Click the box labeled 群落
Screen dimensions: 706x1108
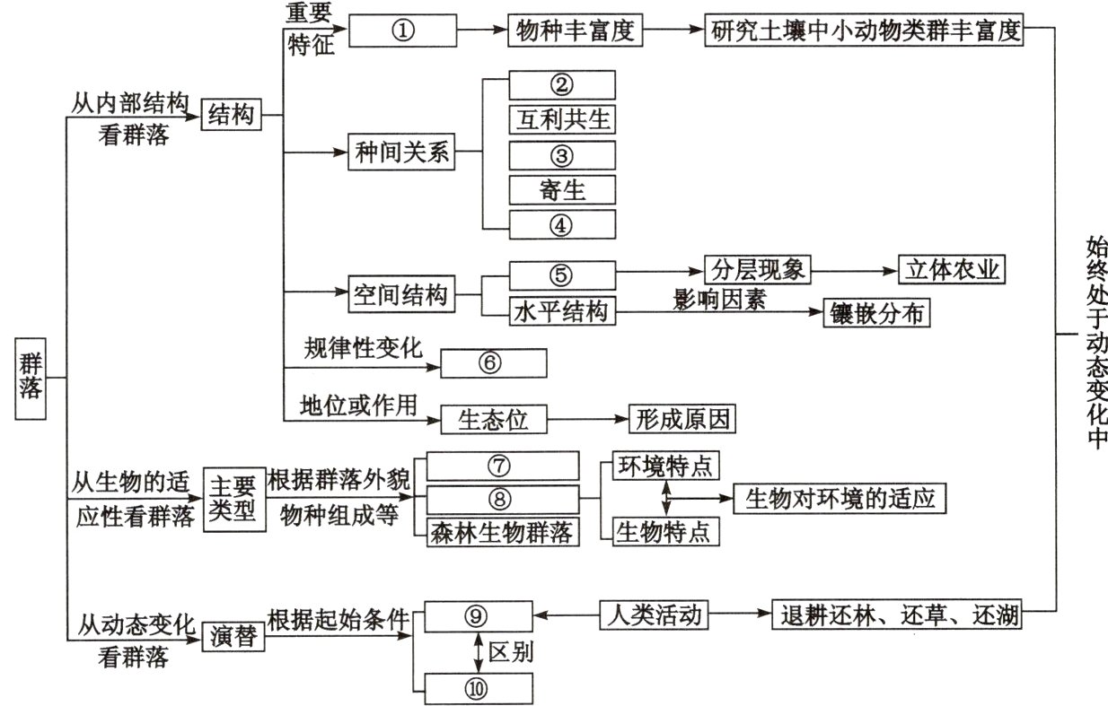click(31, 378)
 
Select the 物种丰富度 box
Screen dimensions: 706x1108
click(576, 31)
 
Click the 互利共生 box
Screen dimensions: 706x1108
click(562, 119)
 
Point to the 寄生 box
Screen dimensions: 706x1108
click(562, 189)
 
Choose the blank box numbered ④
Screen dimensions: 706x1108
click(562, 224)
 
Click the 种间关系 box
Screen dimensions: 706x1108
click(400, 154)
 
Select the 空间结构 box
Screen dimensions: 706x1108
click(400, 294)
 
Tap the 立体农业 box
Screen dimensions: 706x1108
click(952, 270)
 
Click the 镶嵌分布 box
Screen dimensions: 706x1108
click(875, 312)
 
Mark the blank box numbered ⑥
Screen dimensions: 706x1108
click(493, 363)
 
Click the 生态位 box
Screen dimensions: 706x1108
click(493, 417)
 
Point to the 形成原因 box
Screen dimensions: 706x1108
click(682, 417)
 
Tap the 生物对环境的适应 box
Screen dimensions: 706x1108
click(840, 498)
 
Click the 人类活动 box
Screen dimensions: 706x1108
click(651, 616)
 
